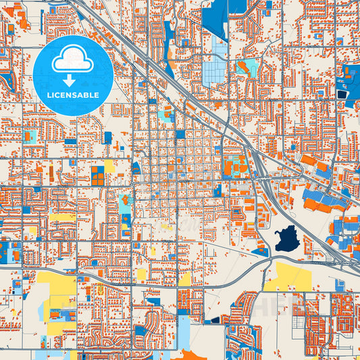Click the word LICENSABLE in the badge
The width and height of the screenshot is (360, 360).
pos(73,95)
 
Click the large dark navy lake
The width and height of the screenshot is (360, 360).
pos(288,238)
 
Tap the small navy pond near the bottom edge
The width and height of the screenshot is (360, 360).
pos(215,319)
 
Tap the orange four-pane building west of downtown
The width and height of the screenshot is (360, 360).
pos(98,176)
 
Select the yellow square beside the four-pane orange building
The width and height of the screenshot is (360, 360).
pos(109,165)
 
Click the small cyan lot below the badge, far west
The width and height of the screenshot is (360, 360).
pos(30,136)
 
